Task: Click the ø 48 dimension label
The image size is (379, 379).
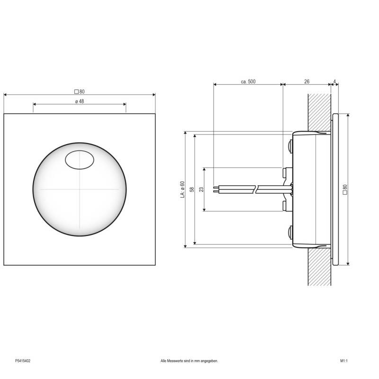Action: click(x=79, y=101)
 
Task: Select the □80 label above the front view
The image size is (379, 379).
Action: click(x=79, y=91)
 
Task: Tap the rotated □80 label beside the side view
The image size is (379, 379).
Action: click(x=344, y=189)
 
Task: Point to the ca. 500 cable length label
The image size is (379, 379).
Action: click(x=248, y=81)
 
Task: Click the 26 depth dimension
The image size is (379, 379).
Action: click(x=307, y=81)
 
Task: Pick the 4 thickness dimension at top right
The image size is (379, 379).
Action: click(x=335, y=81)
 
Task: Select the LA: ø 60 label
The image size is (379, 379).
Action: click(x=182, y=189)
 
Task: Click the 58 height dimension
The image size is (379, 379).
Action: click(x=192, y=189)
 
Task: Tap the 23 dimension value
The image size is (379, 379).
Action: click(x=201, y=189)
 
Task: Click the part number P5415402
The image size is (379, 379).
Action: click(x=23, y=361)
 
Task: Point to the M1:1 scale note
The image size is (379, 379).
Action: click(x=344, y=361)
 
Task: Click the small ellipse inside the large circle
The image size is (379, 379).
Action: click(x=79, y=160)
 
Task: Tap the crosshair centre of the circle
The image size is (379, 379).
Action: click(x=79, y=189)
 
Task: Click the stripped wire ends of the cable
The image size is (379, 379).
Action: click(x=217, y=189)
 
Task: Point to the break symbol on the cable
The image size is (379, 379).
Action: click(x=256, y=189)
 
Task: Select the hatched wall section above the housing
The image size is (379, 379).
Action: click(x=319, y=111)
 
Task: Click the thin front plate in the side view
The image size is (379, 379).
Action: click(x=335, y=189)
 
